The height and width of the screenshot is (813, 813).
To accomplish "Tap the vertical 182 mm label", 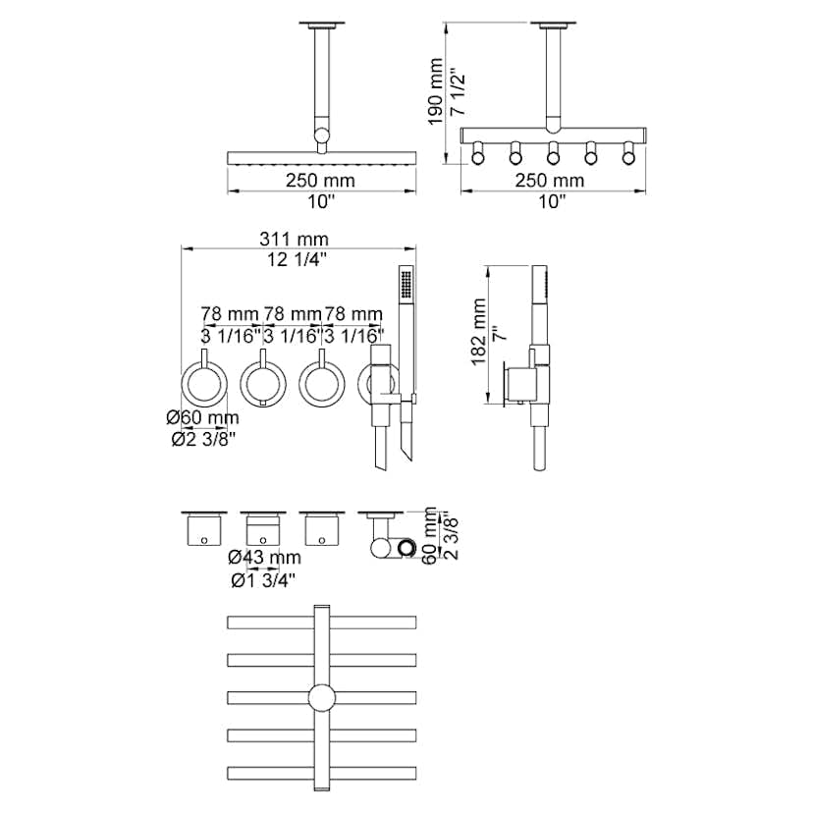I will click(478, 334).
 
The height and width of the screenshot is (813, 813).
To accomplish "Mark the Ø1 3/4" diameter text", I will click(264, 579).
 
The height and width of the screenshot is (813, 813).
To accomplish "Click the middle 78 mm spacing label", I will click(293, 313).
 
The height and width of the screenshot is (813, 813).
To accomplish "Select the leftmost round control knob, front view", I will click(206, 384).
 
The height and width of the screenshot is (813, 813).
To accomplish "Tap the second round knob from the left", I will click(263, 384).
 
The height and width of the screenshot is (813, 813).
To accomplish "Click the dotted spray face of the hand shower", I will click(403, 285).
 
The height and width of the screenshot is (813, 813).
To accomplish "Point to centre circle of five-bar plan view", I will click(322, 698).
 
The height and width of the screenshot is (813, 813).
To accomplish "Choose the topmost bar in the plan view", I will click(322, 622).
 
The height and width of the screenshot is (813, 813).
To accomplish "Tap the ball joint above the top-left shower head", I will click(322, 138).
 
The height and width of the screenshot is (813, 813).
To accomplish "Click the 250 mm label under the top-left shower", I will click(321, 181).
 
